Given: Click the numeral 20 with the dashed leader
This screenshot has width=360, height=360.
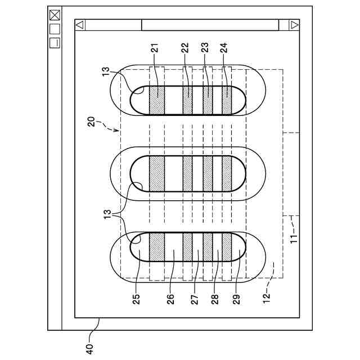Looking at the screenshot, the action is coord(91,123).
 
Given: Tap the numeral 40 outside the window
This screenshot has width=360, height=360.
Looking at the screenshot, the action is coord(89,348).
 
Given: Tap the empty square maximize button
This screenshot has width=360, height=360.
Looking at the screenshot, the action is coord(55,28).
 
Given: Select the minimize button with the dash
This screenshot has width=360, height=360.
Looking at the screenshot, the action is coord(55,42).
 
